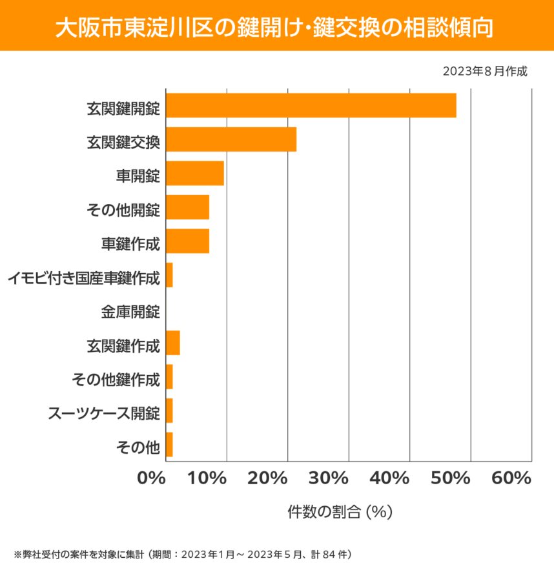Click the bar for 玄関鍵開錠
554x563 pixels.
click(x=311, y=105)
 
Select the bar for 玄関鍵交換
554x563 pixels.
click(x=231, y=139)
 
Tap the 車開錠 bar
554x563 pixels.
click(x=194, y=173)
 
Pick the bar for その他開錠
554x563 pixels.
click(x=187, y=207)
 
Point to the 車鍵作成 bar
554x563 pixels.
click(x=187, y=241)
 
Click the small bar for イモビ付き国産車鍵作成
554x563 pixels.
click(x=169, y=275)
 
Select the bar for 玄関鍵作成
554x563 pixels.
click(x=172, y=343)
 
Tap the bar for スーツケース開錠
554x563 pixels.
click(x=169, y=411)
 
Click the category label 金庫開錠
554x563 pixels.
click(x=130, y=312)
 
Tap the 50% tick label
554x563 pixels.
click(x=450, y=478)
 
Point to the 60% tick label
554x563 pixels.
click(x=511, y=478)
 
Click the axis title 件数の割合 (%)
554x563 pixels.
click(x=340, y=512)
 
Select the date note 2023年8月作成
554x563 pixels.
click(x=485, y=71)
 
